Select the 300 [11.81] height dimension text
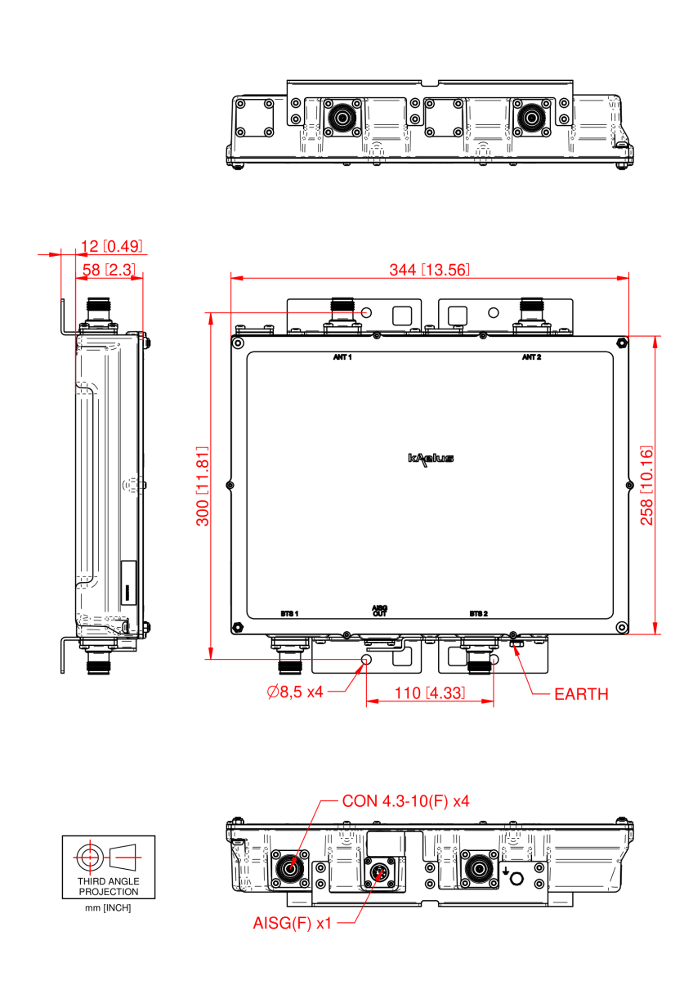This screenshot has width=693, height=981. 203,486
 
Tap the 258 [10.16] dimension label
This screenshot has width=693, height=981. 646,486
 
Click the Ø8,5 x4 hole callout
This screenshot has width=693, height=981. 295,692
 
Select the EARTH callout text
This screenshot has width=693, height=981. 581,694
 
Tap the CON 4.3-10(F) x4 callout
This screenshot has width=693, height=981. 405,800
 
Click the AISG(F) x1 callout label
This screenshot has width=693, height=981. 293,923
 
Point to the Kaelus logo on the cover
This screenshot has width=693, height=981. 431,459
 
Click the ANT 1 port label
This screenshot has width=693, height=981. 342,358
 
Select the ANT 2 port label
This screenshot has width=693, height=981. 532,358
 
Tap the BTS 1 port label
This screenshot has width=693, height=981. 289,613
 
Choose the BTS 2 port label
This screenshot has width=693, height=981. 478,613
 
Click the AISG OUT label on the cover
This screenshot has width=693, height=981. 379,610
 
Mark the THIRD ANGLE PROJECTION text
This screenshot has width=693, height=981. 109,886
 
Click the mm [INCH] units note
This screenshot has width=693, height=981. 109,907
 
